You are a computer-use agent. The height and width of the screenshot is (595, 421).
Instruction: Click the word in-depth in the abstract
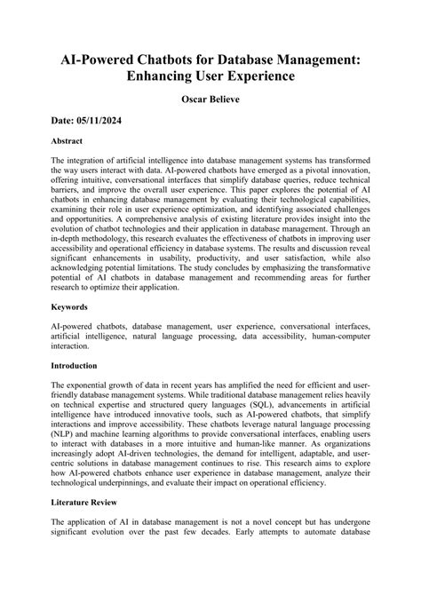pyautogui.click(x=70, y=262)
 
